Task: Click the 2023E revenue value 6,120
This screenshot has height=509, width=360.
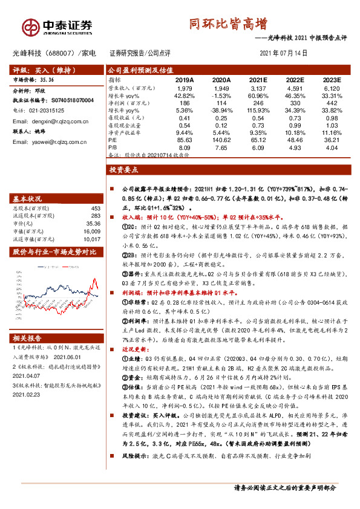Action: (x=332, y=88)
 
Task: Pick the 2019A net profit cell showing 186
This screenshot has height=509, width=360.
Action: (x=185, y=103)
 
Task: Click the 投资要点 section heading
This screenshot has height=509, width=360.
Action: (x=124, y=171)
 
